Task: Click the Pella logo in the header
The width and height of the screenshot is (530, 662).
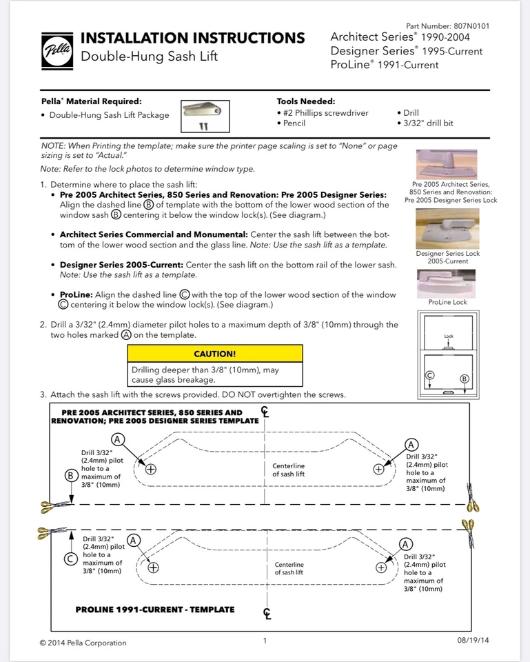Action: pyautogui.click(x=57, y=50)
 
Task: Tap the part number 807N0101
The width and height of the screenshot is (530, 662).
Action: pyautogui.click(x=453, y=26)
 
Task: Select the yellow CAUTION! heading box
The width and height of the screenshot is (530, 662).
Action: pyautogui.click(x=215, y=354)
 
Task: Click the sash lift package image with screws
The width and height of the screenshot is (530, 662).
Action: pyautogui.click(x=204, y=116)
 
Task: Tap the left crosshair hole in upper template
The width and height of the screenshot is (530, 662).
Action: pyautogui.click(x=151, y=469)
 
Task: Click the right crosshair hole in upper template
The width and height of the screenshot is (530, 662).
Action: pyautogui.click(x=378, y=469)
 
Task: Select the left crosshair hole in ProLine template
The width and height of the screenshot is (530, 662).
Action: pyautogui.click(x=153, y=568)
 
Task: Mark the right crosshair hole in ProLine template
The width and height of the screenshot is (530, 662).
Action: pyautogui.click(x=381, y=568)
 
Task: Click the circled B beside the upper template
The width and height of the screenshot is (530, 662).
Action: pyautogui.click(x=71, y=475)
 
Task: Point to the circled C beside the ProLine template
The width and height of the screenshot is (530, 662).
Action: pyautogui.click(x=70, y=559)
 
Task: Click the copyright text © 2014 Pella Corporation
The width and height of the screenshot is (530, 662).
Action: pyautogui.click(x=83, y=643)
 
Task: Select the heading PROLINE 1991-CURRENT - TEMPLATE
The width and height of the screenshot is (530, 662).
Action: pyautogui.click(x=155, y=610)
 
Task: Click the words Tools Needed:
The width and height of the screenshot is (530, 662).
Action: pyautogui.click(x=306, y=101)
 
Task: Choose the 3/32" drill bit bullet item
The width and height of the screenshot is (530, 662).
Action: pyautogui.click(x=428, y=123)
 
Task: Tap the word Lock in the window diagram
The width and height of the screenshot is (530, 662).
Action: pyautogui.click(x=449, y=337)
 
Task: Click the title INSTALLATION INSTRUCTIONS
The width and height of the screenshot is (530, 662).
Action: pyautogui.click(x=193, y=38)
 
